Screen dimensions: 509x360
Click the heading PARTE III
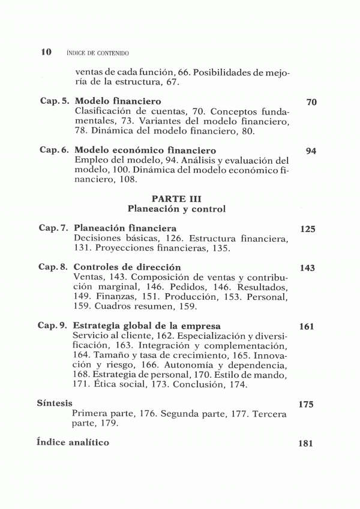[x=176, y=198]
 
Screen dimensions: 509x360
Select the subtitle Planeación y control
[x=176, y=209]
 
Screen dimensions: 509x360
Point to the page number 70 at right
[x=311, y=103]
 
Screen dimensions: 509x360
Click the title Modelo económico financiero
[x=145, y=150]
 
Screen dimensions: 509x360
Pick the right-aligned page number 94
[x=311, y=151]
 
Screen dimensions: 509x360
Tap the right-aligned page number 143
[x=307, y=268]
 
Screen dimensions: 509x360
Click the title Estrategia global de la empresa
[x=147, y=326]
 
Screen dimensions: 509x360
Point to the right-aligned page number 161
[x=307, y=327]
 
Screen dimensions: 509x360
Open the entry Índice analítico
[x=73, y=442]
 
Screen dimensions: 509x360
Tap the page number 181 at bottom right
[x=306, y=444]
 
